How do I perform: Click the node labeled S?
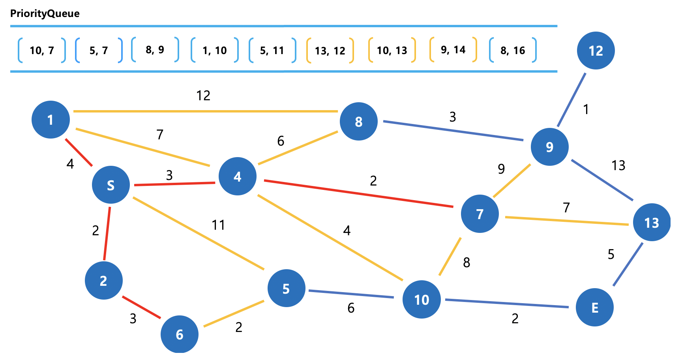[111, 185]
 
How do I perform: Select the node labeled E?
[594, 307]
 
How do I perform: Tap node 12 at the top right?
[596, 51]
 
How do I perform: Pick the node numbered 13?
[652, 223]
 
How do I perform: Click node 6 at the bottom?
[179, 334]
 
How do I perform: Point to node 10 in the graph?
[422, 300]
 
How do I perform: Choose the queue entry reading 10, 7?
[42, 50]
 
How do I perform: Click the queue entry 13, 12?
[330, 51]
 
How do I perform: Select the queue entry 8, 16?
[513, 50]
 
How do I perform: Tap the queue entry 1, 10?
[215, 50]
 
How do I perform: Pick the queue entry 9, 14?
[453, 50]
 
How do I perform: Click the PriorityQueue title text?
[45, 13]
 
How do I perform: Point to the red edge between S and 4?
[175, 184]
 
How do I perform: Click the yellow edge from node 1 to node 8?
[205, 111]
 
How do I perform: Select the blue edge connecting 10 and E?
[507, 303]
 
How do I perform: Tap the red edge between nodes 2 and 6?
[141, 307]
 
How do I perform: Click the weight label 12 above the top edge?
[203, 96]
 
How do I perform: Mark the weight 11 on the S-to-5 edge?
[218, 225]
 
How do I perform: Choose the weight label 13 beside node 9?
[618, 165]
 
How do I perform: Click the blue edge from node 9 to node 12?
[571, 100]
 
